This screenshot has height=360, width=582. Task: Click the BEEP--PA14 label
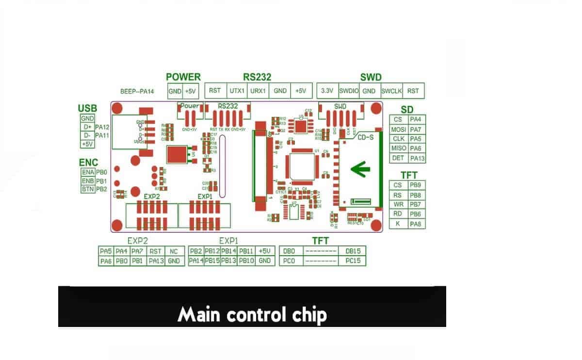pos(137,91)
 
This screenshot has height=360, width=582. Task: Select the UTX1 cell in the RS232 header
pos(237,91)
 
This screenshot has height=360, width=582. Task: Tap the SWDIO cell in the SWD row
pos(349,91)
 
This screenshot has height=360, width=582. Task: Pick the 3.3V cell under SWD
pos(327,91)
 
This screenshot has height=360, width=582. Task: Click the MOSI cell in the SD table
pos(398,130)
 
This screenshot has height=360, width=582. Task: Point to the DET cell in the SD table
pos(398,158)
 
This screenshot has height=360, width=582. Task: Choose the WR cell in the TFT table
pos(398,204)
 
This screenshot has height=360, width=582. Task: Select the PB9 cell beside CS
pos(415,185)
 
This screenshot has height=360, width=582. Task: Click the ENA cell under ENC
pos(88,172)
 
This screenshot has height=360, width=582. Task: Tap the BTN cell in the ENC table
pos(88,189)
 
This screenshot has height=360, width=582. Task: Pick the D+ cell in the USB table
pos(88,127)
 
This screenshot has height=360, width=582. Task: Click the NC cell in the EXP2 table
pos(173,251)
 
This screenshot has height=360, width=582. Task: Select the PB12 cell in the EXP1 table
pos(212,251)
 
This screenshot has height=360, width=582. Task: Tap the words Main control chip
pos(252,315)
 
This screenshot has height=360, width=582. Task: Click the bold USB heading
pos(87,108)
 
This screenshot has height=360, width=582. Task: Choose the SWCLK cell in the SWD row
pos(391,91)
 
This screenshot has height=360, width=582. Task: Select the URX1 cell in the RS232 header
pos(258,91)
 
